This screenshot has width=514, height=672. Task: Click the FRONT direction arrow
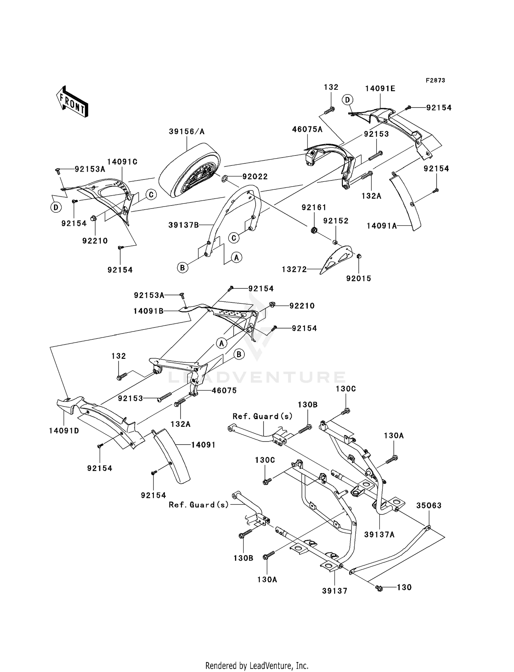click(x=72, y=102)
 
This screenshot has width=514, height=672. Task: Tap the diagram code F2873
click(x=435, y=80)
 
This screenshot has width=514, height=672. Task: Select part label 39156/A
click(x=186, y=132)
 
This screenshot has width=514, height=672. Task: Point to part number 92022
click(x=255, y=177)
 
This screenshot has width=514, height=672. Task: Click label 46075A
click(x=307, y=129)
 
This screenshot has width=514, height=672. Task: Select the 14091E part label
click(x=380, y=89)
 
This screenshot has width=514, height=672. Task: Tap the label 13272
click(x=294, y=270)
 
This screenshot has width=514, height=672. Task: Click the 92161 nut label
click(x=314, y=208)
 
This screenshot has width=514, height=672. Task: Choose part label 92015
click(x=358, y=279)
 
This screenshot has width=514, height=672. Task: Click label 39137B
click(x=183, y=225)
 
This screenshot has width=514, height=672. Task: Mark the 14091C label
click(x=122, y=162)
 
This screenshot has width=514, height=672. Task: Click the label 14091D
click(x=64, y=431)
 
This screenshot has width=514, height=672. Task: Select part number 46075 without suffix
click(x=224, y=390)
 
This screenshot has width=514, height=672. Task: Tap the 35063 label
click(x=429, y=506)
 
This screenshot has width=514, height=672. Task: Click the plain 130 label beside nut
click(x=404, y=587)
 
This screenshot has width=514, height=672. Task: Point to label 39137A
click(x=379, y=535)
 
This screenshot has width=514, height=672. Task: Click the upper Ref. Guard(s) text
click(x=262, y=416)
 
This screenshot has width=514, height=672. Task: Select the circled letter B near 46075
click(x=239, y=354)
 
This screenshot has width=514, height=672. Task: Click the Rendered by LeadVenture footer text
click(x=257, y=666)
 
